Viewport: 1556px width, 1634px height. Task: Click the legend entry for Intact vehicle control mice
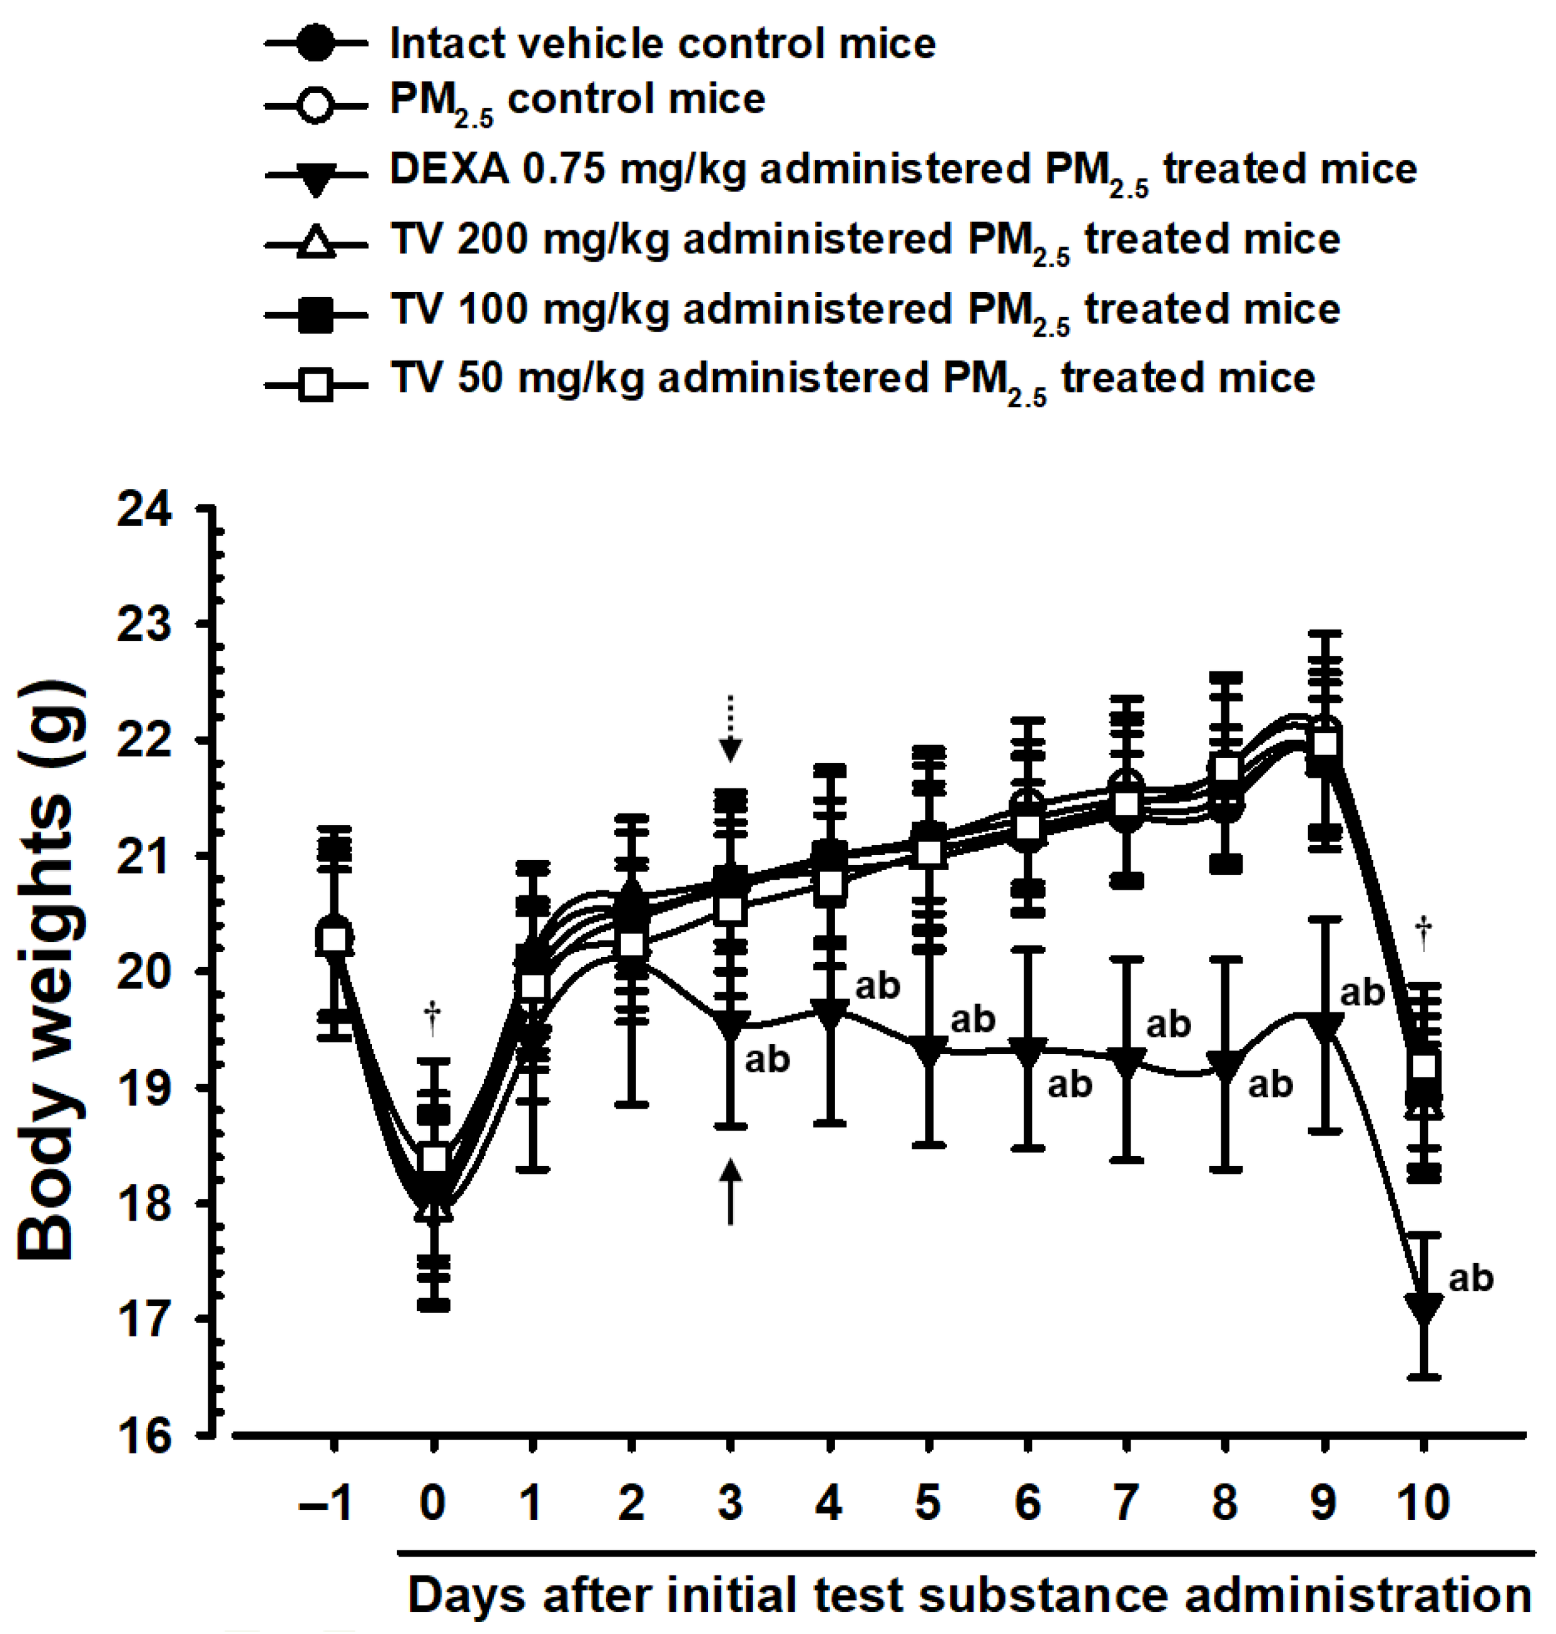(662, 43)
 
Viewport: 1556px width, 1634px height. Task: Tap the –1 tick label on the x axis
(329, 1502)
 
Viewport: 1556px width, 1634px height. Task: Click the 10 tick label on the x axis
(1423, 1502)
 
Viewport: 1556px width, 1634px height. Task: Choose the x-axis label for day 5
(928, 1502)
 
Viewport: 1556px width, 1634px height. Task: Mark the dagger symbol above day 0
(432, 1018)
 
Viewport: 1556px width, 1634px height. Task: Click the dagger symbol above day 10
(1424, 933)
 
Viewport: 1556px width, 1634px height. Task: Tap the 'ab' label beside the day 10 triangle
(1470, 1278)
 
